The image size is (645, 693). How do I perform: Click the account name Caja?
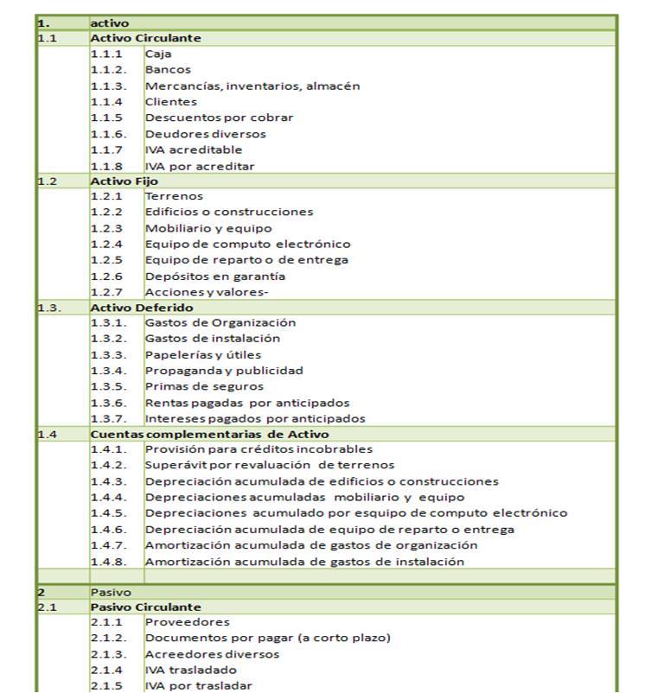[x=158, y=54]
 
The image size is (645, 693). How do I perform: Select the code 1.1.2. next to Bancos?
[x=108, y=70]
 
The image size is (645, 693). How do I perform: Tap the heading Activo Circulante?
[x=145, y=38]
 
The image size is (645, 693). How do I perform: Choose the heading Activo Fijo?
[x=125, y=181]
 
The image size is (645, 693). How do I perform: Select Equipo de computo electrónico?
[x=247, y=245]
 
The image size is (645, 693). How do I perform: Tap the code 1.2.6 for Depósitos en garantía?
[x=106, y=277]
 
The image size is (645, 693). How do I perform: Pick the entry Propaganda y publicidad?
[x=224, y=371]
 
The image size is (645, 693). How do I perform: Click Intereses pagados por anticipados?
[x=254, y=418]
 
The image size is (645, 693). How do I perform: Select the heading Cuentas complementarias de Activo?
[x=209, y=434]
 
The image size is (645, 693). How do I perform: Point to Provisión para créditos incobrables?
[x=259, y=449]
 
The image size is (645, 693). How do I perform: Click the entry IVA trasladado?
[x=190, y=670]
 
